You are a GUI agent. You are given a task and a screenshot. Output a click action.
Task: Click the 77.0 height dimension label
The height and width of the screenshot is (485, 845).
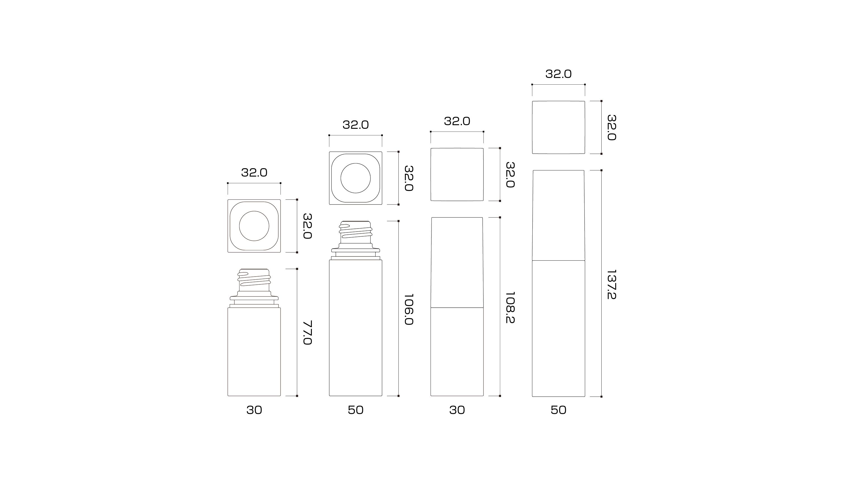[307, 332]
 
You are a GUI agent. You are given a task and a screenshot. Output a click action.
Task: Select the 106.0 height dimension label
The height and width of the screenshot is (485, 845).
[409, 309]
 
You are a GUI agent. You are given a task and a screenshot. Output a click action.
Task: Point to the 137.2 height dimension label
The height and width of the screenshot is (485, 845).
[611, 284]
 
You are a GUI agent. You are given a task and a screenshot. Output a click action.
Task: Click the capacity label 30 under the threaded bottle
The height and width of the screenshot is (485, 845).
[254, 410]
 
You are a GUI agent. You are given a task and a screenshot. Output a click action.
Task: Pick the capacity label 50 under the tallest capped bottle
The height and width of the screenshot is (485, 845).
[558, 410]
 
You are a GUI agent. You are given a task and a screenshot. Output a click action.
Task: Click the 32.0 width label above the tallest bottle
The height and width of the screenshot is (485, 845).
[558, 74]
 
